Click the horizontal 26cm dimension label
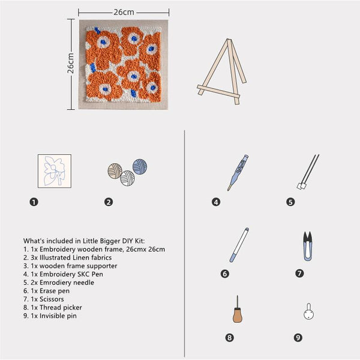click(123, 11)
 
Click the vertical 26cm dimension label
click(70, 63)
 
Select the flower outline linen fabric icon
click(54, 170)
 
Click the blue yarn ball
click(140, 166)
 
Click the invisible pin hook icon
click(308, 311)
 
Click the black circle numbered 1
click(34, 202)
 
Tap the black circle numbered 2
click(109, 202)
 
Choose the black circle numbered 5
click(290, 202)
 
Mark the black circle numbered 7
click(299, 273)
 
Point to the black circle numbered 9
click(298, 338)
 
